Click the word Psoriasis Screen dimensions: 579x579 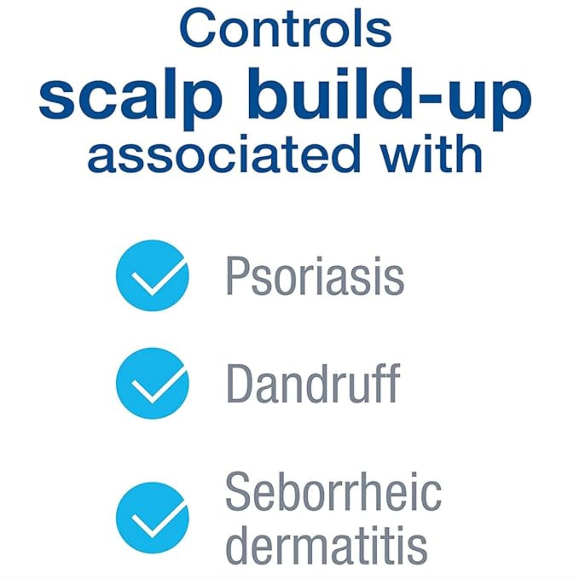(315, 276)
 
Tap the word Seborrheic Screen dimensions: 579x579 (333, 491)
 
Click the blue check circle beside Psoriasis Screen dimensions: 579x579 (152, 276)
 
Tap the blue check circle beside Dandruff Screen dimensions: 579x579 (152, 383)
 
